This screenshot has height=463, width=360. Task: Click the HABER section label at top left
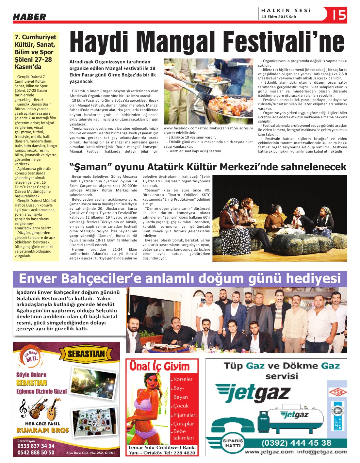pyautogui.click(x=29, y=17)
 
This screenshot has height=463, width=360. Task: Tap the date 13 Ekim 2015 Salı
pyautogui.click(x=279, y=17)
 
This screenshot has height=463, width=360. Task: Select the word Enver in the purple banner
pyautogui.click(x=38, y=279)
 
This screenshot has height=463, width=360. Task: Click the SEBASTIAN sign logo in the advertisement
pyautogui.click(x=86, y=354)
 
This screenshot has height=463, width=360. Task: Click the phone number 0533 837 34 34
pyautogui.click(x=36, y=446)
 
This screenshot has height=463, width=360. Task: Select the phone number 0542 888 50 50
pyautogui.click(x=36, y=452)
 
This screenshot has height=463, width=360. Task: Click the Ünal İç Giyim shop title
pyautogui.click(x=159, y=366)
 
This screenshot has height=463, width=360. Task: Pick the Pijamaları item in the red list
pyautogui.click(x=185, y=415)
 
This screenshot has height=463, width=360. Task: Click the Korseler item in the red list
pyautogui.click(x=183, y=379)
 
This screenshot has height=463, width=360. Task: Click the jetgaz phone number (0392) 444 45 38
pyautogui.click(x=296, y=443)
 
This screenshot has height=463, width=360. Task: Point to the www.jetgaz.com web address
pyautogui.click(x=269, y=452)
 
